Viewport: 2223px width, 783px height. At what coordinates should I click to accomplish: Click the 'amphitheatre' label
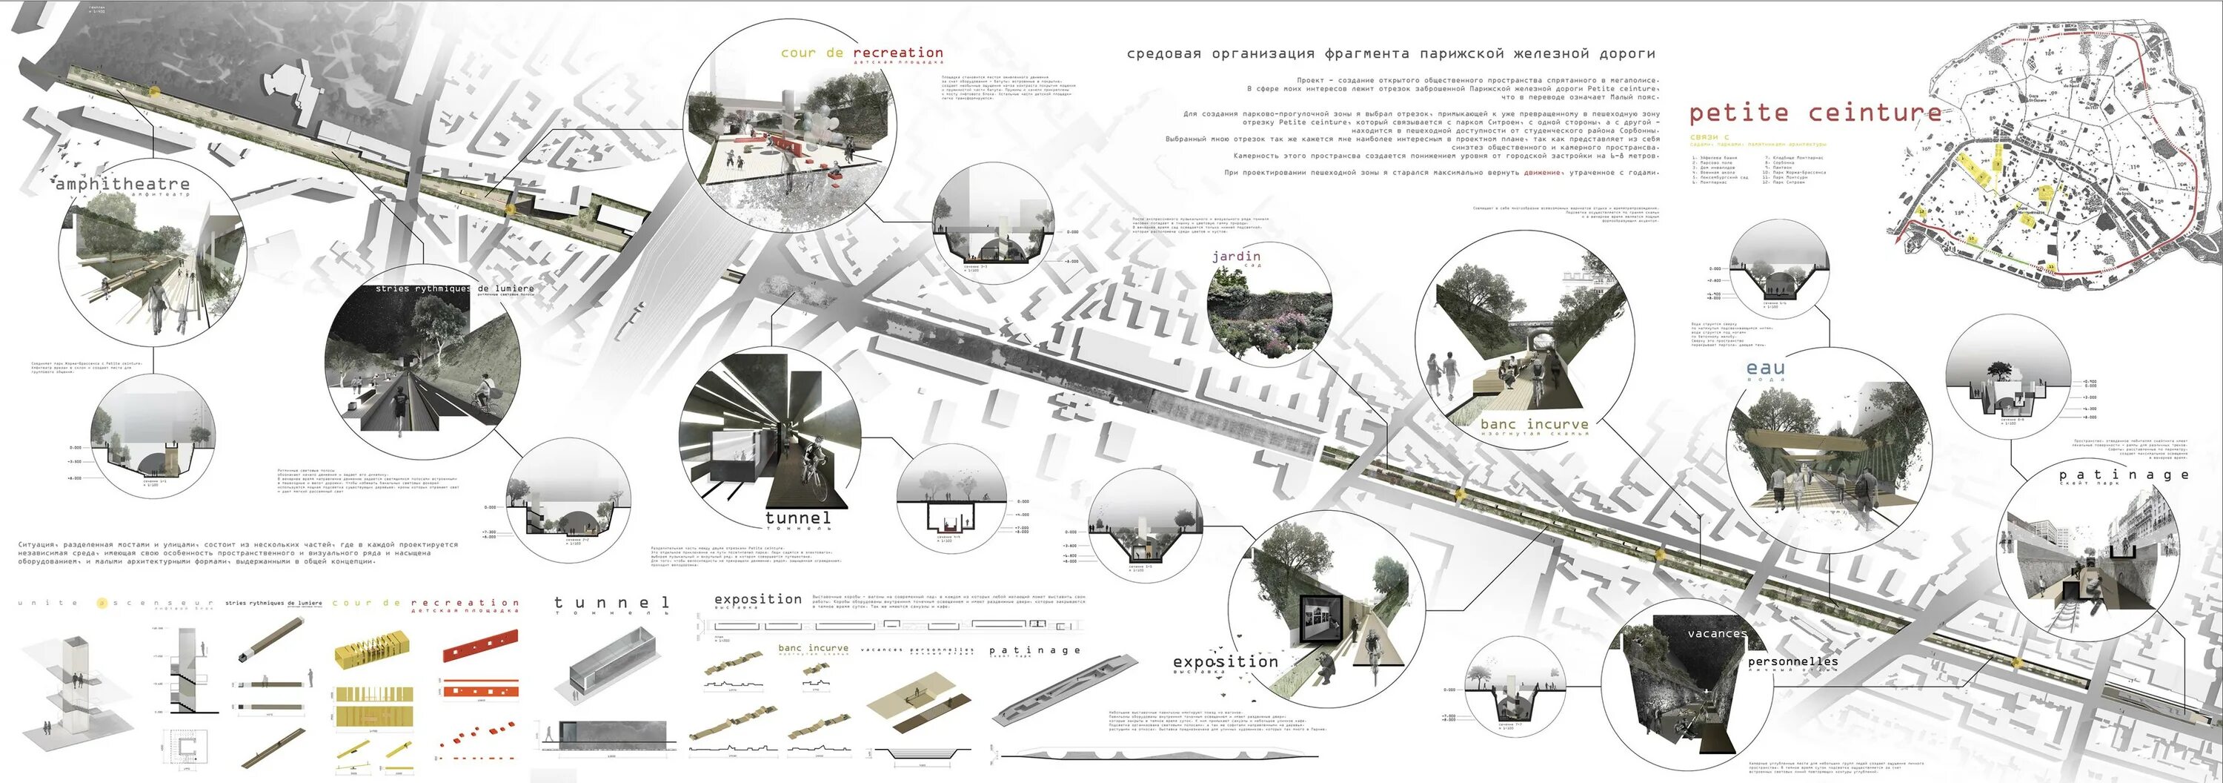(122, 184)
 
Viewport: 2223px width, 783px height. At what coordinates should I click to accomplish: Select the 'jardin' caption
(1236, 257)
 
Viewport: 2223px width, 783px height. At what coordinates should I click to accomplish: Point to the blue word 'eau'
(1765, 369)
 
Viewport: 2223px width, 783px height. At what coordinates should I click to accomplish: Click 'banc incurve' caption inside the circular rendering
(1533, 424)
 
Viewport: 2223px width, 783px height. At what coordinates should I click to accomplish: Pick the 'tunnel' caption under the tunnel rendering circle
(798, 518)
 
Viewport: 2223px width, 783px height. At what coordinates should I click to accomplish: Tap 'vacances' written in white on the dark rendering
(1716, 634)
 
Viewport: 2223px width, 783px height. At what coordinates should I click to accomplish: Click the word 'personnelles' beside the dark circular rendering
(1792, 662)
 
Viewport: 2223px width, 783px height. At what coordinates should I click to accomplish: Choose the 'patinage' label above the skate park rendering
(2123, 475)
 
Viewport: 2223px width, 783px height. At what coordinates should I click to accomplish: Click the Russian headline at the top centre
(1390, 53)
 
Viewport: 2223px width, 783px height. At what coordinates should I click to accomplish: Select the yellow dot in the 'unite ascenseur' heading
(102, 603)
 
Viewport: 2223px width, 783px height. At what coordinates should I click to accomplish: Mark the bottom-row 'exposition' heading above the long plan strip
(758, 599)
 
